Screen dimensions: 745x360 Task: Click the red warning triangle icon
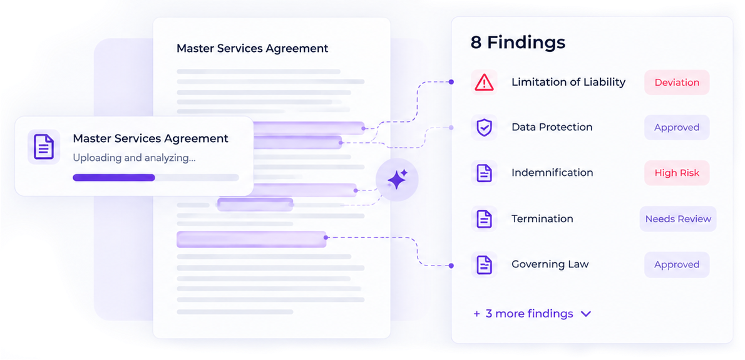click(x=484, y=83)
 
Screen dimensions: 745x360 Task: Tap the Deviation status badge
click(x=677, y=83)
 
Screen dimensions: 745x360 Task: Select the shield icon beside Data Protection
click(x=484, y=127)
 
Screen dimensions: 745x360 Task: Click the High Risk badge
click(x=677, y=173)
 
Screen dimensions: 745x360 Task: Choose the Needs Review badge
click(x=678, y=219)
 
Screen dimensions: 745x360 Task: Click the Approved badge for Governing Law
click(x=677, y=265)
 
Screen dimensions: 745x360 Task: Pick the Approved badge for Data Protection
click(x=677, y=127)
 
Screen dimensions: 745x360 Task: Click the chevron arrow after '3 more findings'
click(x=586, y=314)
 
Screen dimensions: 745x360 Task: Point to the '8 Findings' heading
click(x=518, y=43)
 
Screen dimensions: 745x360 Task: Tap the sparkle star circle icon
click(x=397, y=180)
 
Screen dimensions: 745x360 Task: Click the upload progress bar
click(x=155, y=178)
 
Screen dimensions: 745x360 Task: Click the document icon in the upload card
click(x=44, y=147)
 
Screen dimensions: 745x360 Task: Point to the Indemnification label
click(x=552, y=173)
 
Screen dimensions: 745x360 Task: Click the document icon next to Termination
click(x=484, y=219)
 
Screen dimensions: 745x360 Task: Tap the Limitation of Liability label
click(x=568, y=82)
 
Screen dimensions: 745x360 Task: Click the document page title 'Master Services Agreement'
click(x=252, y=48)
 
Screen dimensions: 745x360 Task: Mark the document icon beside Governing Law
click(x=484, y=265)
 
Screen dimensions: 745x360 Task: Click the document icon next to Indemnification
click(x=484, y=173)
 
